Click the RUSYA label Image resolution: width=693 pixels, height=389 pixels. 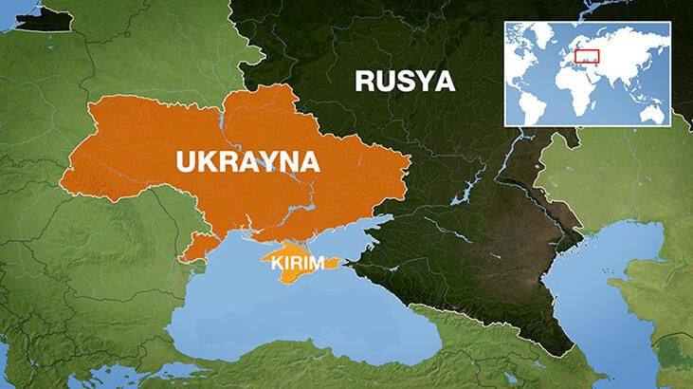click(405, 81)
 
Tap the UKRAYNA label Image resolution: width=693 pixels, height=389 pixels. click(247, 161)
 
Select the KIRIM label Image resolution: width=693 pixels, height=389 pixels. click(298, 263)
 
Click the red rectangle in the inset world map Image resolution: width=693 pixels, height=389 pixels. click(587, 55)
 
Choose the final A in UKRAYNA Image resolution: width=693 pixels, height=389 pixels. click(308, 161)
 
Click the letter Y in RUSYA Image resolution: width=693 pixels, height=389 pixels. click(423, 81)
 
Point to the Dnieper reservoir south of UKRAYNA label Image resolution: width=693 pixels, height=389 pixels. click(284, 204)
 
